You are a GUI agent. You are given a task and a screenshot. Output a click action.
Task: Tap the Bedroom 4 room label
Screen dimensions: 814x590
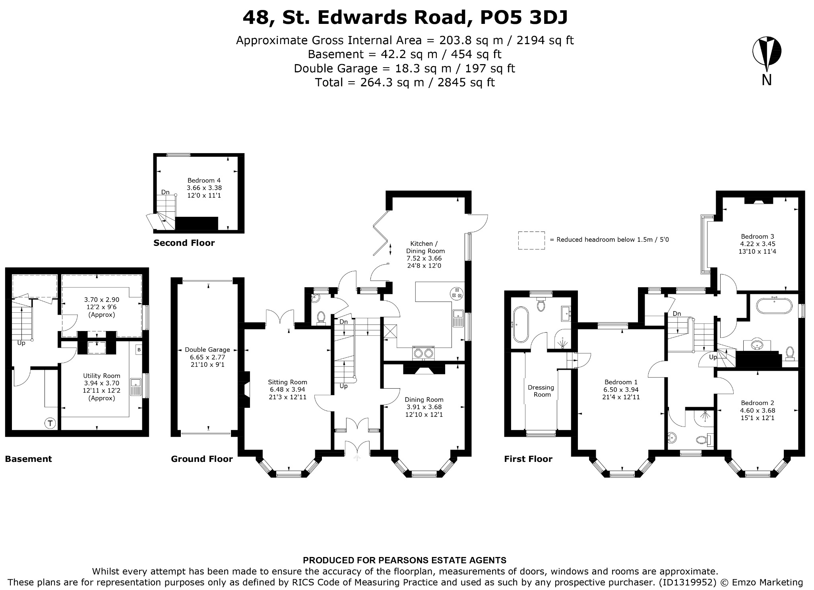coord(204,180)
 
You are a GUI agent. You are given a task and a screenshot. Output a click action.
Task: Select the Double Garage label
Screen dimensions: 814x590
coord(207,350)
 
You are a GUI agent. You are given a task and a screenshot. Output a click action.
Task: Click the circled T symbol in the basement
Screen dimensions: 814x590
coord(50,423)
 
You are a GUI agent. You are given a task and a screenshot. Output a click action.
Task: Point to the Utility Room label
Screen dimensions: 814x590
coord(101,376)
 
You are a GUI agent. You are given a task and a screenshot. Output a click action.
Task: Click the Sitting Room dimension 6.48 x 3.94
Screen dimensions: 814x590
coord(287,389)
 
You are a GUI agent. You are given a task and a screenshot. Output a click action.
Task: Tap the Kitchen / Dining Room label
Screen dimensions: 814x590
coord(425,247)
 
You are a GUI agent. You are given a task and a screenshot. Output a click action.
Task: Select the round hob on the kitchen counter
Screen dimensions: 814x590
coord(457,293)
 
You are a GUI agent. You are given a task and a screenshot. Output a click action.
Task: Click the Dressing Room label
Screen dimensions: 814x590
coord(541,391)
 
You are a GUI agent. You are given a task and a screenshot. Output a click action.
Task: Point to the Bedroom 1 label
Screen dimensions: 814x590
coord(621,382)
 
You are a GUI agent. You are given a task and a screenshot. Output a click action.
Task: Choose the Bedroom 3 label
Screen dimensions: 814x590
coord(758,236)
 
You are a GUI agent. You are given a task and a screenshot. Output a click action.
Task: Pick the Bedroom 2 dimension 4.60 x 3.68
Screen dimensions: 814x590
coord(758,410)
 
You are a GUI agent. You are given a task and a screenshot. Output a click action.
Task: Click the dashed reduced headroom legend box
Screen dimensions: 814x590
coord(531,240)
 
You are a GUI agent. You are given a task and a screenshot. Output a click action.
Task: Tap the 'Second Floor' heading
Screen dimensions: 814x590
coord(184,243)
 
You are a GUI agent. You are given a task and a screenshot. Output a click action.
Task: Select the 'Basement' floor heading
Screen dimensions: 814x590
coord(28,459)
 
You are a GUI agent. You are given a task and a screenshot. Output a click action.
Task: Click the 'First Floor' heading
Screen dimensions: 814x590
coord(528,459)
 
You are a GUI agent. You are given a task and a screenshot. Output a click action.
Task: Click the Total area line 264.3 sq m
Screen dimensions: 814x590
coord(405,82)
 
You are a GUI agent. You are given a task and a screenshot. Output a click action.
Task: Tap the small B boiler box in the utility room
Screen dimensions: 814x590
coord(139,350)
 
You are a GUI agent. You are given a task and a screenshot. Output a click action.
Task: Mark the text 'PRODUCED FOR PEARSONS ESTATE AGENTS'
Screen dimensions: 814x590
coord(405,561)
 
